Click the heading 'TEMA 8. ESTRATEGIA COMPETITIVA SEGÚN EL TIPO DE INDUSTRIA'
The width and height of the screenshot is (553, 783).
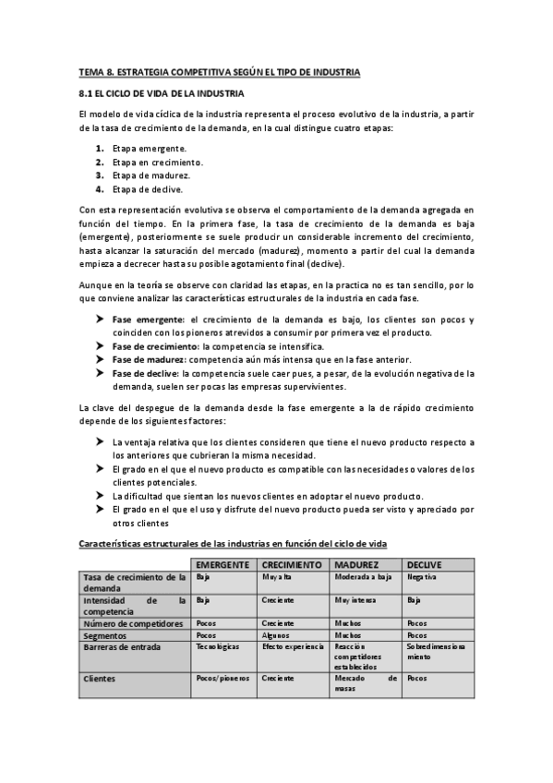(x=219, y=72)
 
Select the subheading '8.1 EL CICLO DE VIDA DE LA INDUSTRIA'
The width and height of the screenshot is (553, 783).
(x=161, y=94)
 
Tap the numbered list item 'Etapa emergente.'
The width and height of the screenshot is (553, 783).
(x=149, y=149)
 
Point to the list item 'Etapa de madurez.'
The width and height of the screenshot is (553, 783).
(x=151, y=175)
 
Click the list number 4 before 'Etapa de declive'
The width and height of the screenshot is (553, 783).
(x=99, y=189)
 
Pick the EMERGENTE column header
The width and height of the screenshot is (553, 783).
(x=222, y=563)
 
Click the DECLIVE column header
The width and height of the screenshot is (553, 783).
(x=425, y=563)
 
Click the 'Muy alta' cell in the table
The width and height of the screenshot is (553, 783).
(x=275, y=576)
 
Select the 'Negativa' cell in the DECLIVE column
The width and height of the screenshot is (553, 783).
(x=421, y=576)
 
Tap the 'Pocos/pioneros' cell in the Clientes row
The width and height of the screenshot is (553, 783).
(x=218, y=677)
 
